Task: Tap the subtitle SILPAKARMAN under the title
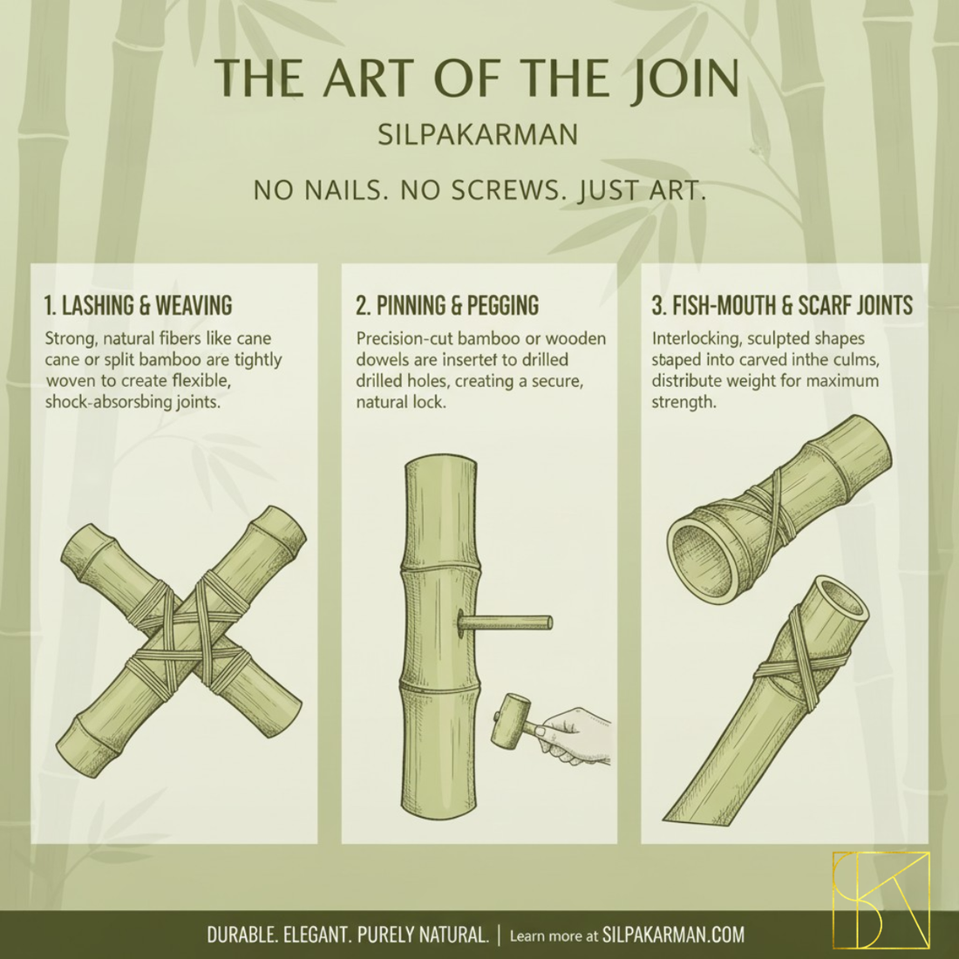pos(478,134)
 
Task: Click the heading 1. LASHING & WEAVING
pos(139,305)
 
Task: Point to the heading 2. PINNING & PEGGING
pos(447,305)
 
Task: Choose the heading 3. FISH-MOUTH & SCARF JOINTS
pos(782,305)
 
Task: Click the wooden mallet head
pos(510,720)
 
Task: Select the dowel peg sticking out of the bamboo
pos(505,623)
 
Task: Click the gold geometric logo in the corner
pos(881,900)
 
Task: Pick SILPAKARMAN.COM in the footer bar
pos(673,935)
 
